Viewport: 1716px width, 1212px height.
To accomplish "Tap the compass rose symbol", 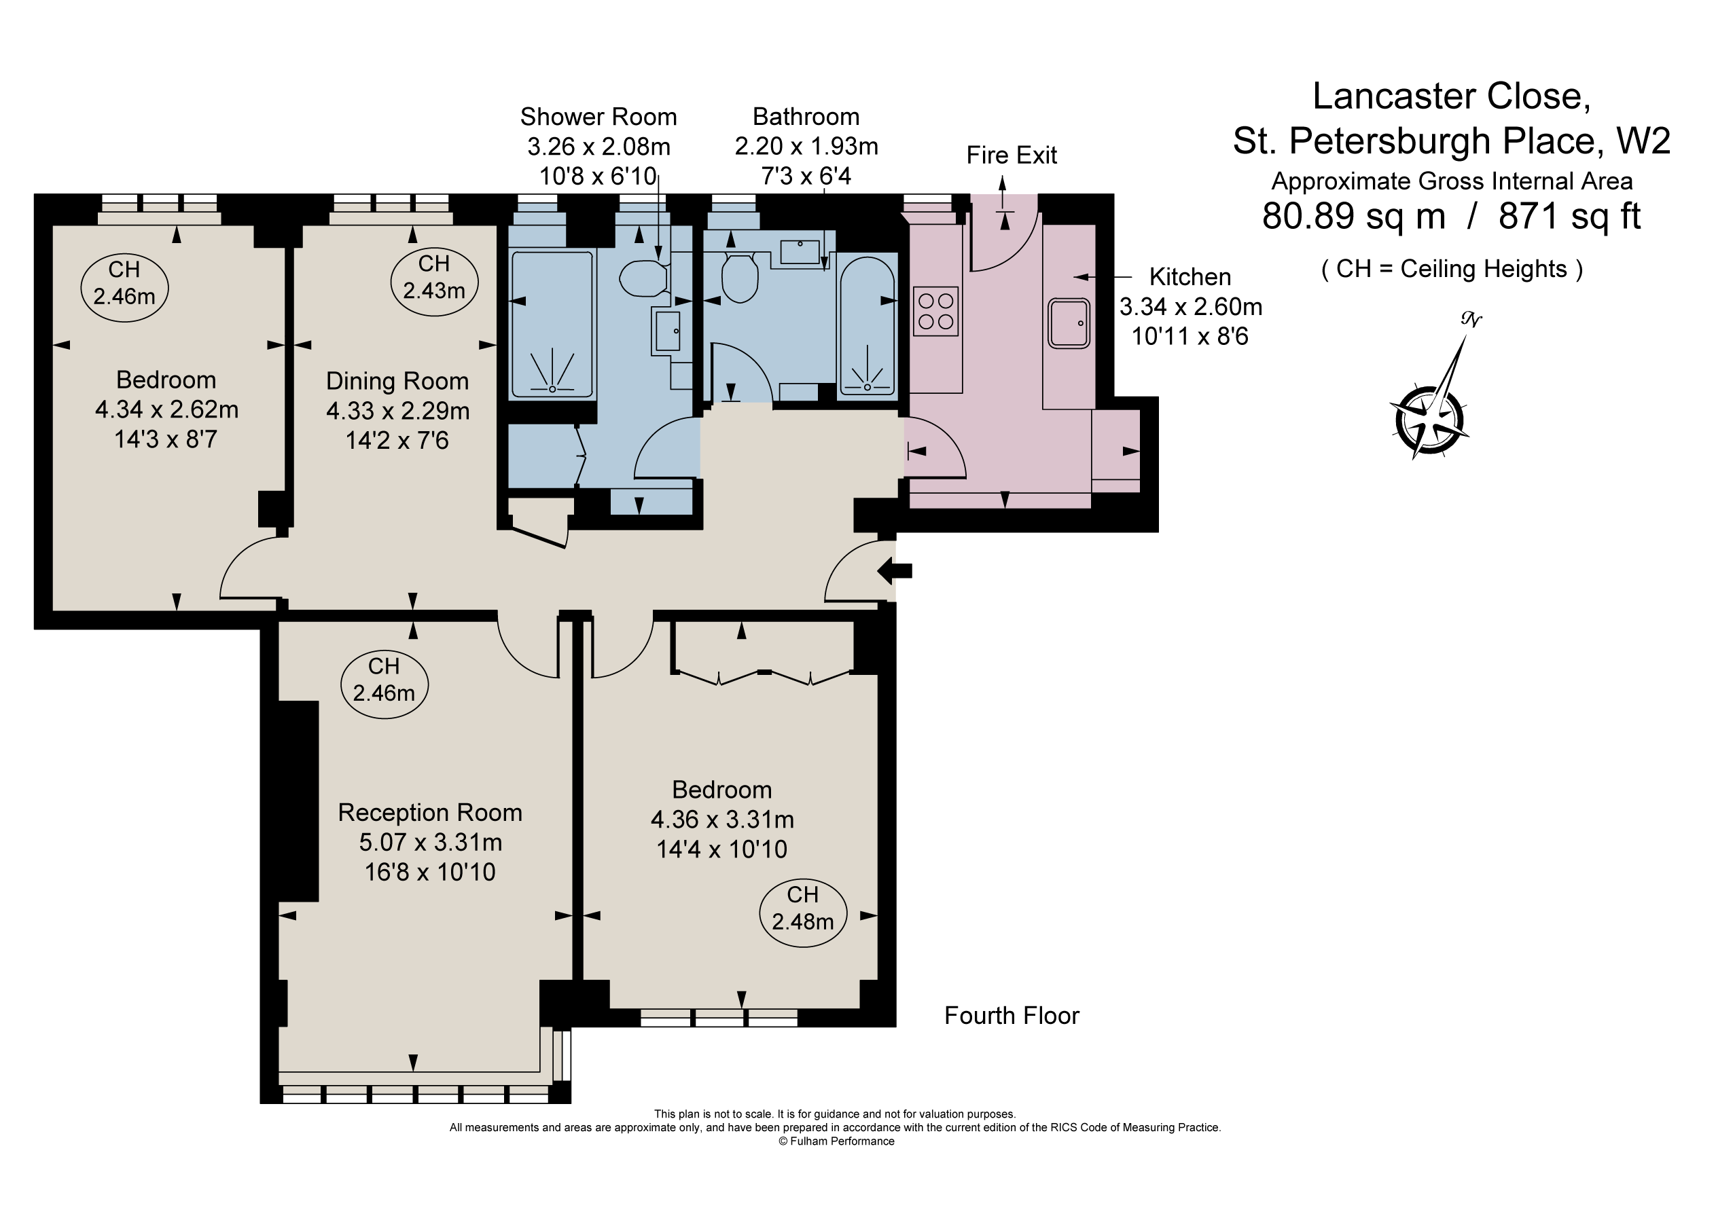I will [1429, 419].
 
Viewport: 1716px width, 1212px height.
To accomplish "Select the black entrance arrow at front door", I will [895, 572].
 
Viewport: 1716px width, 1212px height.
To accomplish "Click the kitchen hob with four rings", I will [935, 312].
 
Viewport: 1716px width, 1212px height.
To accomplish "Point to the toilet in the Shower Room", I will [643, 278].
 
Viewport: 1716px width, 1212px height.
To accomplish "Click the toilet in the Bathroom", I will [740, 278].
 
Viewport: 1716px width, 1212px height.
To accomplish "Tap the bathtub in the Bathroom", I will [867, 326].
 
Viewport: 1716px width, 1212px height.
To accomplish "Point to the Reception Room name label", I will [430, 812].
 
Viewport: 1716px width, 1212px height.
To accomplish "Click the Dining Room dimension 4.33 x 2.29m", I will [397, 411].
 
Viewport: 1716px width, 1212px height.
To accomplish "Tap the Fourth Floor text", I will [1012, 1016].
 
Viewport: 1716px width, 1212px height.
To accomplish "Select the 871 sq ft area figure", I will [1569, 217].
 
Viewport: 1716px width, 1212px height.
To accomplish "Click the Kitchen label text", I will [1190, 277].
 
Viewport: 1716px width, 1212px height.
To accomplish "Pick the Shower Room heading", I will [598, 117].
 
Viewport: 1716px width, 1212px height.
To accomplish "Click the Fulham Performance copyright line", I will [836, 1141].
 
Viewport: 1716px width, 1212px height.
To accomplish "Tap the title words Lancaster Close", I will [1452, 96].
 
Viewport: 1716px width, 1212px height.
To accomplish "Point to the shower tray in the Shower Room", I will [552, 326].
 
